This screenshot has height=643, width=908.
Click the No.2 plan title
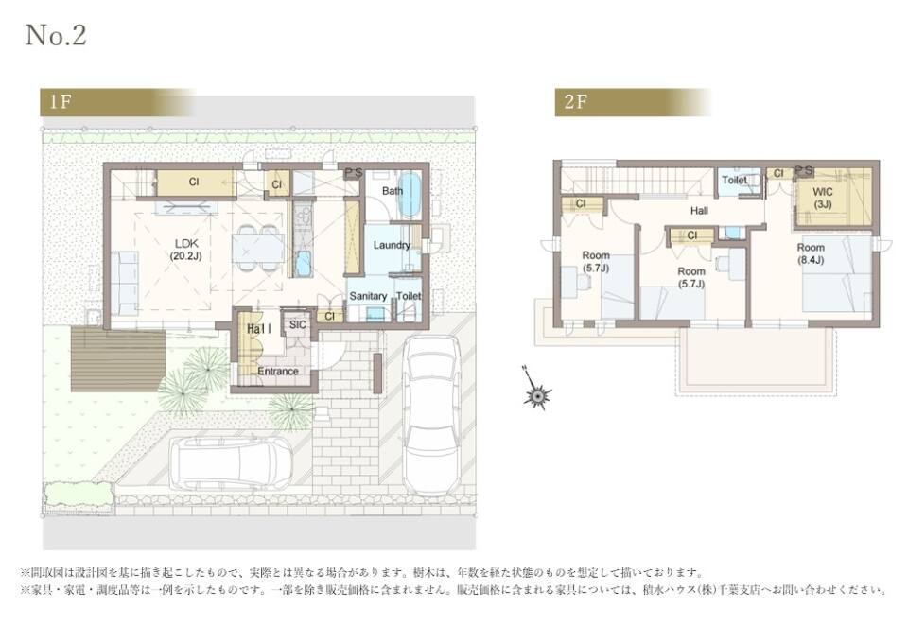point(56,35)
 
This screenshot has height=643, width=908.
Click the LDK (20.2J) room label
point(186,250)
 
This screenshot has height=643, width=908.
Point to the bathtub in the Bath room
point(410,195)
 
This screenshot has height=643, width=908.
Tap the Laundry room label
point(392,246)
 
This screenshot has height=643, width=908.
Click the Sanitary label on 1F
point(368,296)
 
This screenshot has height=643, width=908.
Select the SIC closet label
point(298,324)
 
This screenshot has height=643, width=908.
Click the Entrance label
point(278,371)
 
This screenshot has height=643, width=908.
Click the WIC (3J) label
point(823,198)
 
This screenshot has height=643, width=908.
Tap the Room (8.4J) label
point(811,253)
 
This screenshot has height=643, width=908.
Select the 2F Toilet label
point(734,181)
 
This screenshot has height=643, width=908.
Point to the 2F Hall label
point(699,211)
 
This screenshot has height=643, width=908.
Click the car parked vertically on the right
point(432,414)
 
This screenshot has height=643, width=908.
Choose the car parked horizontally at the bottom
point(232,463)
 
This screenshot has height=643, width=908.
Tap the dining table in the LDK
point(257,248)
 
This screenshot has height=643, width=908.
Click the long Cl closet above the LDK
point(194,182)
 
